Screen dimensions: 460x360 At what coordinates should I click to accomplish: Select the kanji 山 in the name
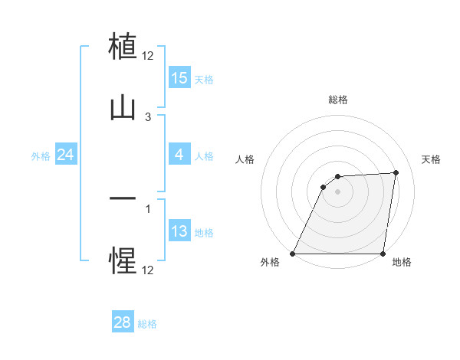point(123,108)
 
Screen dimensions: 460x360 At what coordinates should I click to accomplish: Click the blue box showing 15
point(179,78)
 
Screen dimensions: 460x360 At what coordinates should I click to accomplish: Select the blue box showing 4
point(179,155)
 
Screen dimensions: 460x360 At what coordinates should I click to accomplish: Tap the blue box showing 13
point(179,231)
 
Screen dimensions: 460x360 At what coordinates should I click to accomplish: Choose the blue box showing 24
point(66,155)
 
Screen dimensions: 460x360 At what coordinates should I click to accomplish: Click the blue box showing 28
point(123,323)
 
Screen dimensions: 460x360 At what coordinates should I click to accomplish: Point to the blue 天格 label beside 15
point(204,79)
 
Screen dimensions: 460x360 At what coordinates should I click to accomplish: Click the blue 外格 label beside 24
point(41,155)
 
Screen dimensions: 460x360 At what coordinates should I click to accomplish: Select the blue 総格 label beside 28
point(147,324)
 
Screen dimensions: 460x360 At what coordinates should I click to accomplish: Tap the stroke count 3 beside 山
point(148,116)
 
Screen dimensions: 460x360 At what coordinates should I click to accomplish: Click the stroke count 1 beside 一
point(148,208)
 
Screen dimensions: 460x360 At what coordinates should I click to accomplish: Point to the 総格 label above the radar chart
point(338,100)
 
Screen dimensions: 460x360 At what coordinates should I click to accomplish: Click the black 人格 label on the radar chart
point(245,159)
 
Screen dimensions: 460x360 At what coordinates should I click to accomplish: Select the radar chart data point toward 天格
point(396,172)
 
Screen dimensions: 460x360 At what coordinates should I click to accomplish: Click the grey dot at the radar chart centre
point(337,191)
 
